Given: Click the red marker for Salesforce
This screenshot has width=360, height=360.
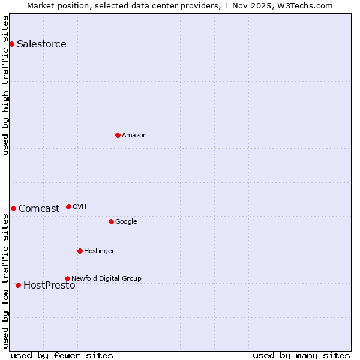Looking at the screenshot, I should click(x=11, y=44).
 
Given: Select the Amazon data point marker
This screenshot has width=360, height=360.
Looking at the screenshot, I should click(x=118, y=135).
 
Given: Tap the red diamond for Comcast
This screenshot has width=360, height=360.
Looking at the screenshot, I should click(x=13, y=208).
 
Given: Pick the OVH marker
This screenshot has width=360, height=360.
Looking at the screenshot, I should click(x=68, y=206).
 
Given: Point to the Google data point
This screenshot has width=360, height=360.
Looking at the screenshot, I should click(x=111, y=221).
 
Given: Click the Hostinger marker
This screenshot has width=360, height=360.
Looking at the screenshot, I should click(x=80, y=251).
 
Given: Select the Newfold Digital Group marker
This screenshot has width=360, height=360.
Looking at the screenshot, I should click(x=67, y=278).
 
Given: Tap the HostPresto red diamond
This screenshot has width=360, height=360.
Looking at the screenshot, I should click(x=18, y=285).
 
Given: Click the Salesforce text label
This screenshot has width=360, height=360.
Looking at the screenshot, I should click(x=41, y=44).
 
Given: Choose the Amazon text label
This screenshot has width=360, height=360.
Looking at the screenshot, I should click(x=134, y=136).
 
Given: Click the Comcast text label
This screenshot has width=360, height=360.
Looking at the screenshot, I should click(x=39, y=209).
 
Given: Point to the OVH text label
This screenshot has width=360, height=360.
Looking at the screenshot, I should click(x=80, y=207).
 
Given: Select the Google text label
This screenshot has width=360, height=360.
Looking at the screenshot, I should click(x=126, y=222).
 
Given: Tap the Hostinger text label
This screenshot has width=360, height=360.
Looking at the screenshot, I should click(x=99, y=251).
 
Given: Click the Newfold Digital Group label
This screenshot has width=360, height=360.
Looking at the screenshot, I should click(x=106, y=278).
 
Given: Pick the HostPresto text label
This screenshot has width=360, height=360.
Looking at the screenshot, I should click(x=49, y=286).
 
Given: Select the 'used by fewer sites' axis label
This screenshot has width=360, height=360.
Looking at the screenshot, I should click(x=62, y=355).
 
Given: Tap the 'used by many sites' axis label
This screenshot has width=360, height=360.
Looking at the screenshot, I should click(x=301, y=355).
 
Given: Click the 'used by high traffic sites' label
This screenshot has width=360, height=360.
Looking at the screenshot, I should click(x=5, y=86).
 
